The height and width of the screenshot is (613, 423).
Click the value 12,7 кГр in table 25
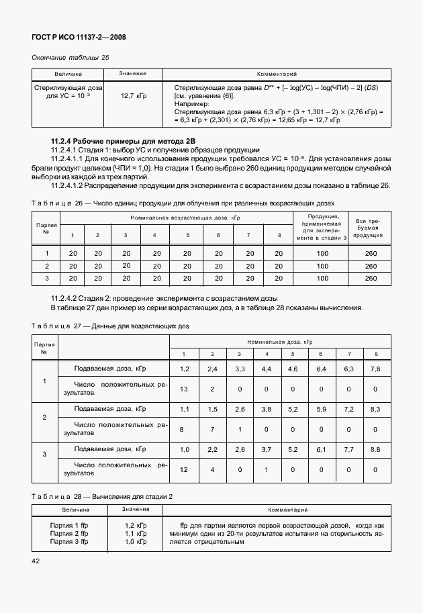coord(134,97)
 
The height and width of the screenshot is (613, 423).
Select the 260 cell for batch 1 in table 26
coord(370,253)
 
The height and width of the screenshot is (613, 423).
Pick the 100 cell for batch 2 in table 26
coord(322,266)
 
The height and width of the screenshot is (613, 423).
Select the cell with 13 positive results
coord(185,389)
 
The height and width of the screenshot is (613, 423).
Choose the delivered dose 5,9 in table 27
coord(321,408)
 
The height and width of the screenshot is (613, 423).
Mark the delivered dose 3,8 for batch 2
coord(266,408)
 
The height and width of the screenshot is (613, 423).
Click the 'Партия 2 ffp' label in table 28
coord(69,532)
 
